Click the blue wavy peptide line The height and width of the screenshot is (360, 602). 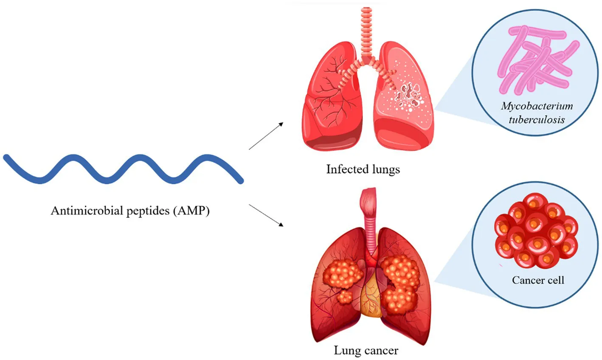(x=123, y=169)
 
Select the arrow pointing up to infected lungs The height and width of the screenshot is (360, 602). (x=266, y=136)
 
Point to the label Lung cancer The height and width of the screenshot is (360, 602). (x=366, y=351)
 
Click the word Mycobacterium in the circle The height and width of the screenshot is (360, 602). (x=537, y=106)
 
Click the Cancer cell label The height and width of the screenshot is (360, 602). (x=538, y=280)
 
